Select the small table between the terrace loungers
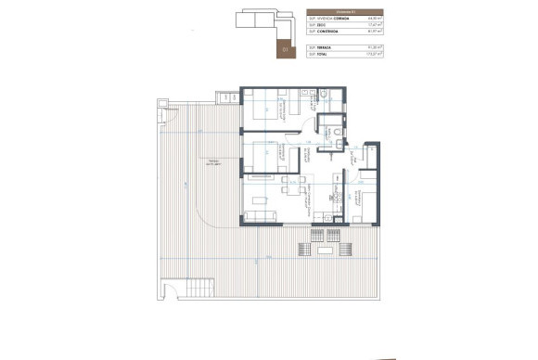point(325,250)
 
